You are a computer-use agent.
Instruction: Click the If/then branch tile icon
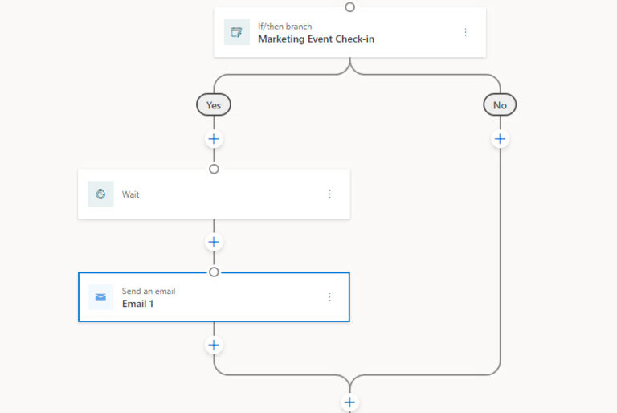click(237, 32)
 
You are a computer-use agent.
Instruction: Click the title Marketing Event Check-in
click(316, 39)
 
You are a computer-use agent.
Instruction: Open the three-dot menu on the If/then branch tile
click(465, 32)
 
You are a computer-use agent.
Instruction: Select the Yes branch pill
click(214, 104)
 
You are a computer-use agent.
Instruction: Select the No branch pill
click(500, 104)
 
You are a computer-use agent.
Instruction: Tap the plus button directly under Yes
click(214, 139)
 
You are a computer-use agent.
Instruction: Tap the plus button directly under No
click(500, 139)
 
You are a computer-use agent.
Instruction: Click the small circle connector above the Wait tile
click(214, 169)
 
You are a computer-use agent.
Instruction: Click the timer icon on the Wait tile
click(100, 194)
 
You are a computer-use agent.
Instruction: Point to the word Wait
click(130, 194)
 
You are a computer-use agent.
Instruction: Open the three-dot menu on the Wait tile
click(329, 194)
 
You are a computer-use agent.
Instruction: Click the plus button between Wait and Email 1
click(214, 242)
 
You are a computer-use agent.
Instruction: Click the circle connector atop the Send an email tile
click(214, 272)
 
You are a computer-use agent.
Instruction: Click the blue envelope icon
click(100, 297)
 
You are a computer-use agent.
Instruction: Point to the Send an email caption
click(148, 291)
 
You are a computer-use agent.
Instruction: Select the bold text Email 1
click(137, 304)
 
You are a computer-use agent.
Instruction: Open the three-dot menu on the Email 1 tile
click(329, 297)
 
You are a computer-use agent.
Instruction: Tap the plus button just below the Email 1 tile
click(214, 346)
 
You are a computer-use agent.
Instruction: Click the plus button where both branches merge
click(349, 402)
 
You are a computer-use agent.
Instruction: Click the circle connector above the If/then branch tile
click(349, 7)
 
